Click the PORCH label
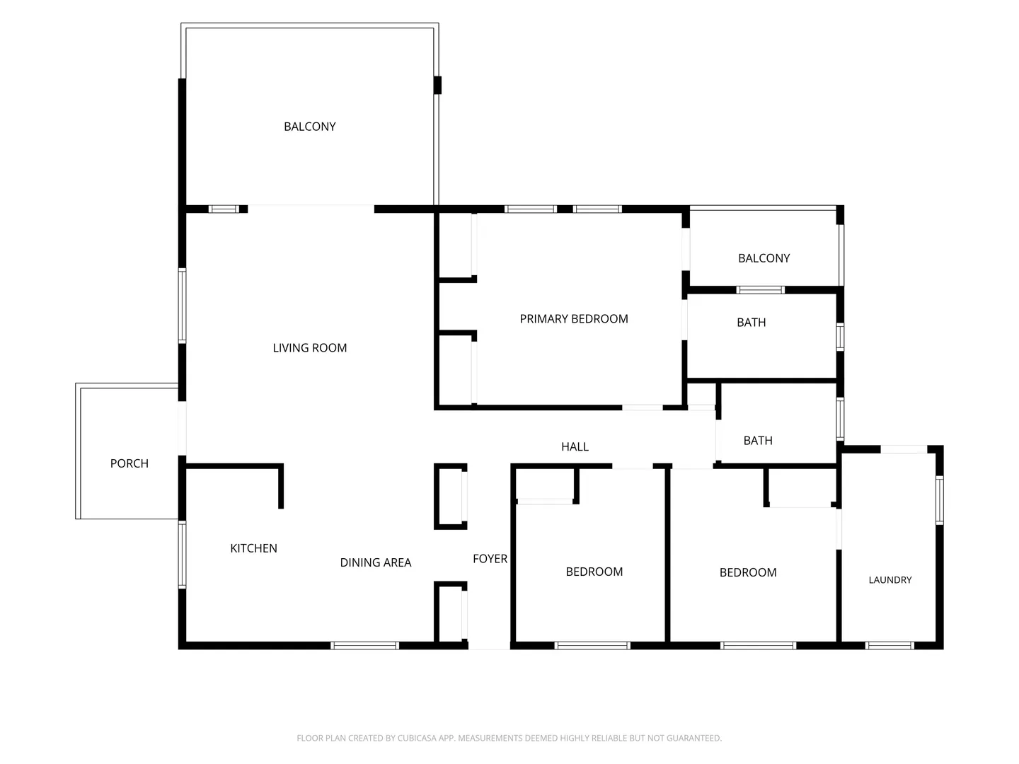[129, 463]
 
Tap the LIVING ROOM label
[310, 348]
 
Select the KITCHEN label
[253, 548]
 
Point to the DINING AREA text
[376, 562]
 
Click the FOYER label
[490, 559]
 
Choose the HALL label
[575, 446]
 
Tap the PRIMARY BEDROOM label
[574, 319]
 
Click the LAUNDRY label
[890, 580]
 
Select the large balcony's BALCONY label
[310, 127]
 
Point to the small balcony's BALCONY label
[764, 258]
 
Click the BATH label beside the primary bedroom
[751, 323]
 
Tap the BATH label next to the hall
[758, 441]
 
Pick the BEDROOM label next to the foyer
[594, 572]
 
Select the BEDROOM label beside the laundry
[748, 573]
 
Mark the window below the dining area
[364, 646]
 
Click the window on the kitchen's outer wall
[183, 555]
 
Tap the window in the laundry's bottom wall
[890, 646]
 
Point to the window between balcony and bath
[760, 290]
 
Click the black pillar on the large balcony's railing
[437, 86]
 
